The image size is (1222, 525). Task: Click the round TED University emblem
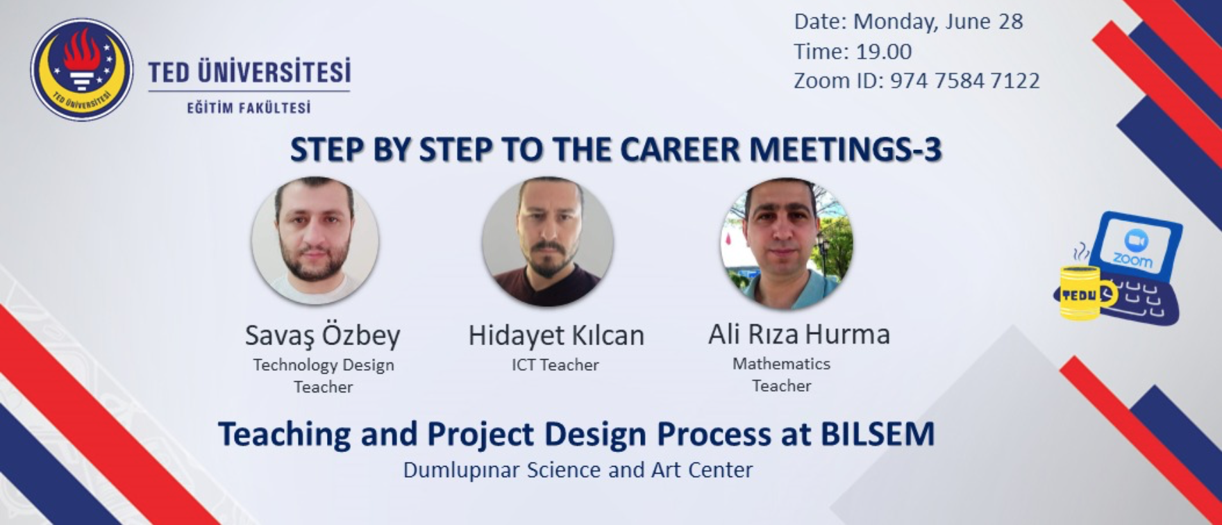82,69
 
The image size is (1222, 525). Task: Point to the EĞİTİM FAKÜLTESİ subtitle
249,108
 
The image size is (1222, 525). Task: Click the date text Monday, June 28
938,22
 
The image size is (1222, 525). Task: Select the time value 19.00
884,51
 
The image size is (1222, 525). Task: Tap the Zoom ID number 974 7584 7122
965,81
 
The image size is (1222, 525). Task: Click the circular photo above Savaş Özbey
315,240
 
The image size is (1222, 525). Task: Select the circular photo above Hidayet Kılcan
548,241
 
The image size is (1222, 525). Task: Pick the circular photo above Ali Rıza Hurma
787,244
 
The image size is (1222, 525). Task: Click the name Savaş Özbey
323,335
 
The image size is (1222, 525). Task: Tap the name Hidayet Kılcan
556,335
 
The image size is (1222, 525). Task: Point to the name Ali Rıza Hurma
799,334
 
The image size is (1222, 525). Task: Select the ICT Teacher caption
555,365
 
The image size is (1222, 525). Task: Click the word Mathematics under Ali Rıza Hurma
781,363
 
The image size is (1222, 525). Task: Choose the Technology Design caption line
324,365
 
